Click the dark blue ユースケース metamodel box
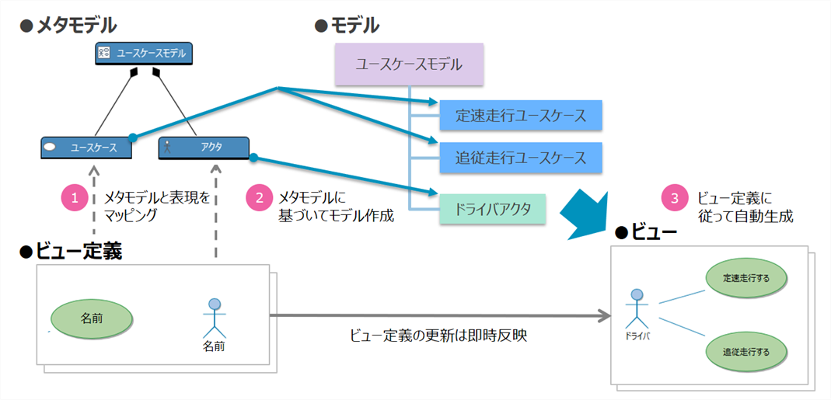86,147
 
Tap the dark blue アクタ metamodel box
204,147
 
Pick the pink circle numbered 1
75,197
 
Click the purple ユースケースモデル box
409,64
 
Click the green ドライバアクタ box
492,208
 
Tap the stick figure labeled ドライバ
637,310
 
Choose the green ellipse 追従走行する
745,351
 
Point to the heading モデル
354,26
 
